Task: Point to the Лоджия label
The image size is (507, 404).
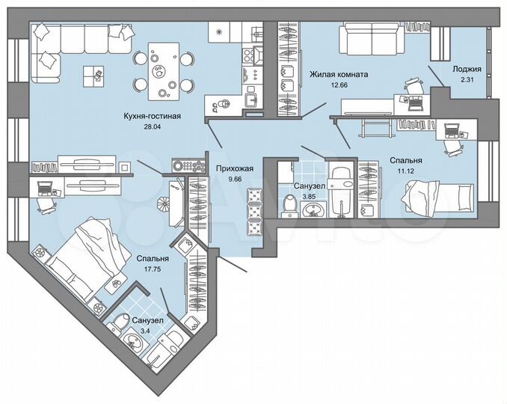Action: pyautogui.click(x=467, y=69)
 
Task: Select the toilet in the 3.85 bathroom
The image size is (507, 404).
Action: pyautogui.click(x=289, y=203)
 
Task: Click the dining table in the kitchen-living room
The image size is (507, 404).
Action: pyautogui.click(x=162, y=73)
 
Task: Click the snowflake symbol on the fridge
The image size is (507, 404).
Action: pyautogui.click(x=218, y=32)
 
